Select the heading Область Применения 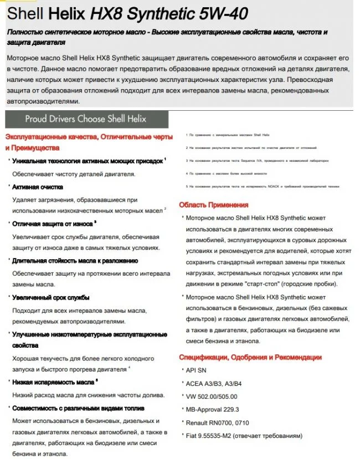[214, 205]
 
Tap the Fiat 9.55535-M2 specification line [244, 436]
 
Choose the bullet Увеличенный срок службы [51, 297]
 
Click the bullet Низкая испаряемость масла [53, 381]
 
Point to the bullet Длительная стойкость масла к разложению [75, 260]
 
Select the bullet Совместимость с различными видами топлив [80, 408]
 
